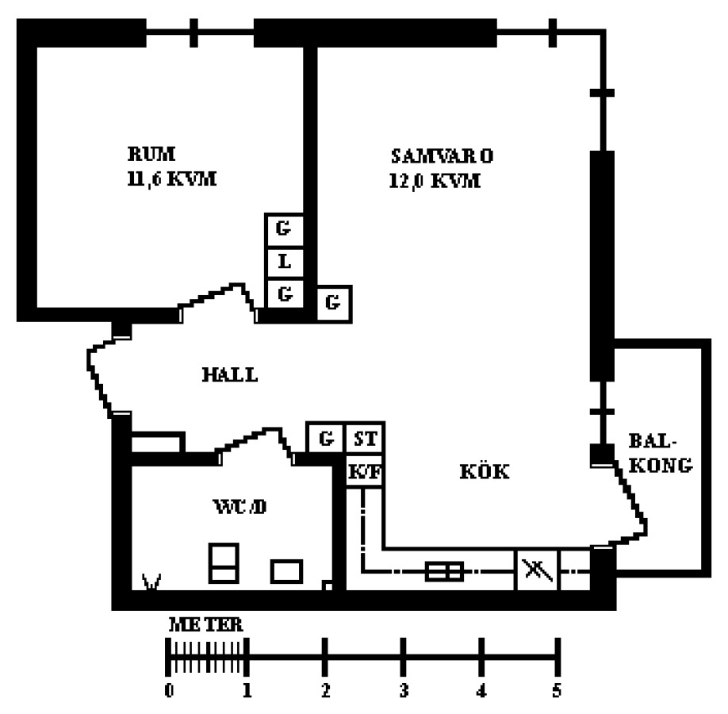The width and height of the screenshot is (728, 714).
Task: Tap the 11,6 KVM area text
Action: click(171, 179)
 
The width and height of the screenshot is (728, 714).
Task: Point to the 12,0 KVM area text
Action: click(435, 181)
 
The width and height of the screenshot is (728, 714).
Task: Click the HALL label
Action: click(229, 374)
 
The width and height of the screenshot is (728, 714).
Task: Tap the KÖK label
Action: click(484, 471)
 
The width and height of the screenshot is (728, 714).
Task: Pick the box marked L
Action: click(284, 261)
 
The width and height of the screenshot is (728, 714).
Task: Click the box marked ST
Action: click(365, 438)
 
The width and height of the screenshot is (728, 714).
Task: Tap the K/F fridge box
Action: click(365, 471)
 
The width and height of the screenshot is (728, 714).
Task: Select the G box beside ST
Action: click(324, 438)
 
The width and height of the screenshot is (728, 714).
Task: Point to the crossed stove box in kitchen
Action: click(537, 570)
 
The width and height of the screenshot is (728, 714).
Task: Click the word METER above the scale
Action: click(206, 625)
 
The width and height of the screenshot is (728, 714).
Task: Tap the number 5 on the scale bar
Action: click(557, 691)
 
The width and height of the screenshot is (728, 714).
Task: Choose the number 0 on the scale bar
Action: click(169, 691)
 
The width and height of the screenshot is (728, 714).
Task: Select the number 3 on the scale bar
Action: click(403, 691)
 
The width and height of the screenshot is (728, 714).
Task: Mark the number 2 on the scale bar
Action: click(325, 691)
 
